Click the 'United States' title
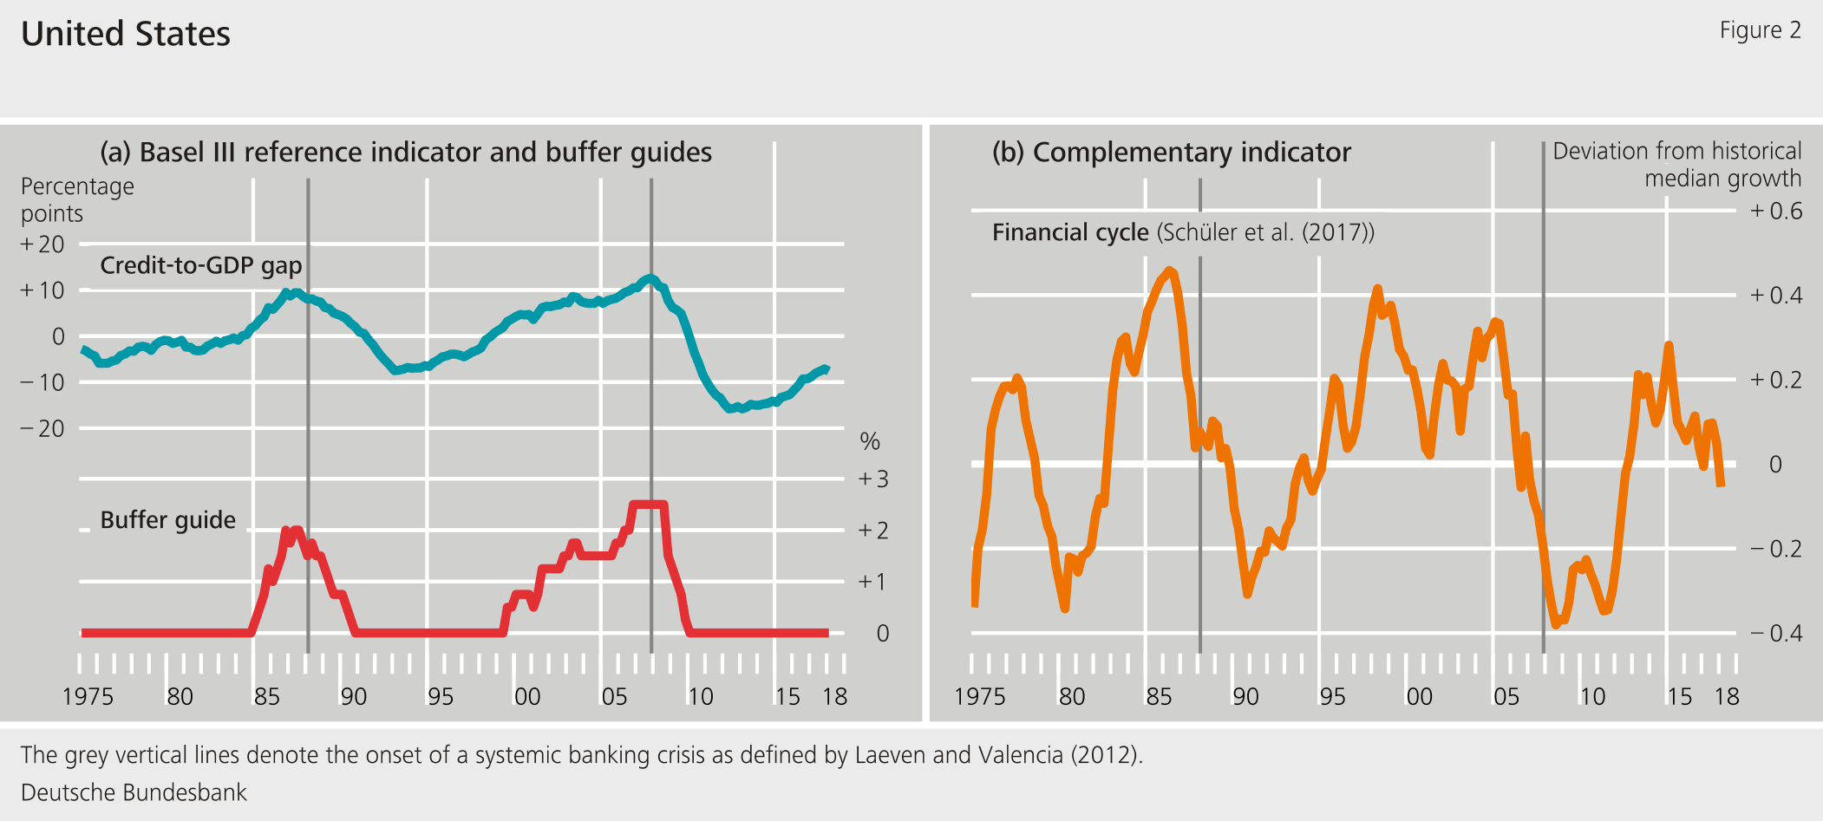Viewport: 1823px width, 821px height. [x=126, y=34]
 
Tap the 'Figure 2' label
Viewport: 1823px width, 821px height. [x=1760, y=30]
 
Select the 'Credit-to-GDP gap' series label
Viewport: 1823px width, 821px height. [x=200, y=265]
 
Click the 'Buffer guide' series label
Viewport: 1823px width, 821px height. [x=167, y=520]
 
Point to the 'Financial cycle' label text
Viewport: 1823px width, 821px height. [x=1070, y=232]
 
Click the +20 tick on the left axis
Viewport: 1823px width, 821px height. [x=42, y=244]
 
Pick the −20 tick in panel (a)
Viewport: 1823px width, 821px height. [x=42, y=428]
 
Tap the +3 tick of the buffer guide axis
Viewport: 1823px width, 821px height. [x=873, y=479]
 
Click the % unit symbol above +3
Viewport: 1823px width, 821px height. [x=870, y=442]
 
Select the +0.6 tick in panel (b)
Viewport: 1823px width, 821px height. [x=1776, y=211]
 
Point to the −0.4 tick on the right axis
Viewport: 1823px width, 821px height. [x=1776, y=633]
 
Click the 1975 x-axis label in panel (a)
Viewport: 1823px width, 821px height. [x=88, y=697]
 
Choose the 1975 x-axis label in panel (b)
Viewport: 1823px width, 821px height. [x=979, y=697]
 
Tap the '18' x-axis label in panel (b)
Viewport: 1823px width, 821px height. [x=1727, y=697]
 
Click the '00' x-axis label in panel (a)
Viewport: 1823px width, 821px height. [x=527, y=697]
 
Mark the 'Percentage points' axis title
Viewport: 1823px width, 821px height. [x=77, y=199]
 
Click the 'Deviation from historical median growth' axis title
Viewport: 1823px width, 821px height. [x=1676, y=165]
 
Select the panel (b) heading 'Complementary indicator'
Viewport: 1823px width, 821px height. [x=1172, y=153]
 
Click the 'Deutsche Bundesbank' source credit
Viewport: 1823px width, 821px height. [x=134, y=792]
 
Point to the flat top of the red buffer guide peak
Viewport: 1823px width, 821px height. [x=649, y=504]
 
